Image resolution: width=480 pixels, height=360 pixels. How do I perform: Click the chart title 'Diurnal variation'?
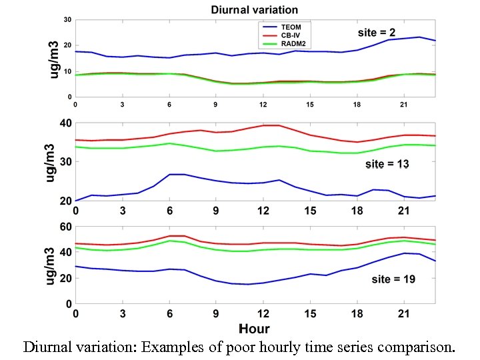click(x=254, y=9)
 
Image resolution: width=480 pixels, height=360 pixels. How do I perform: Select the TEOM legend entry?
click(x=291, y=27)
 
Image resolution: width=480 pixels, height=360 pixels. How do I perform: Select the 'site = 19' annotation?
click(x=393, y=279)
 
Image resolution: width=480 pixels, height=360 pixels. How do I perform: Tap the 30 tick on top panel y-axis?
click(x=67, y=20)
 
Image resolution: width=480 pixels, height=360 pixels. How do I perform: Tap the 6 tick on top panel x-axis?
click(x=169, y=105)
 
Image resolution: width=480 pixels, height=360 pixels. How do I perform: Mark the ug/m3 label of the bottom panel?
click(x=49, y=265)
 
